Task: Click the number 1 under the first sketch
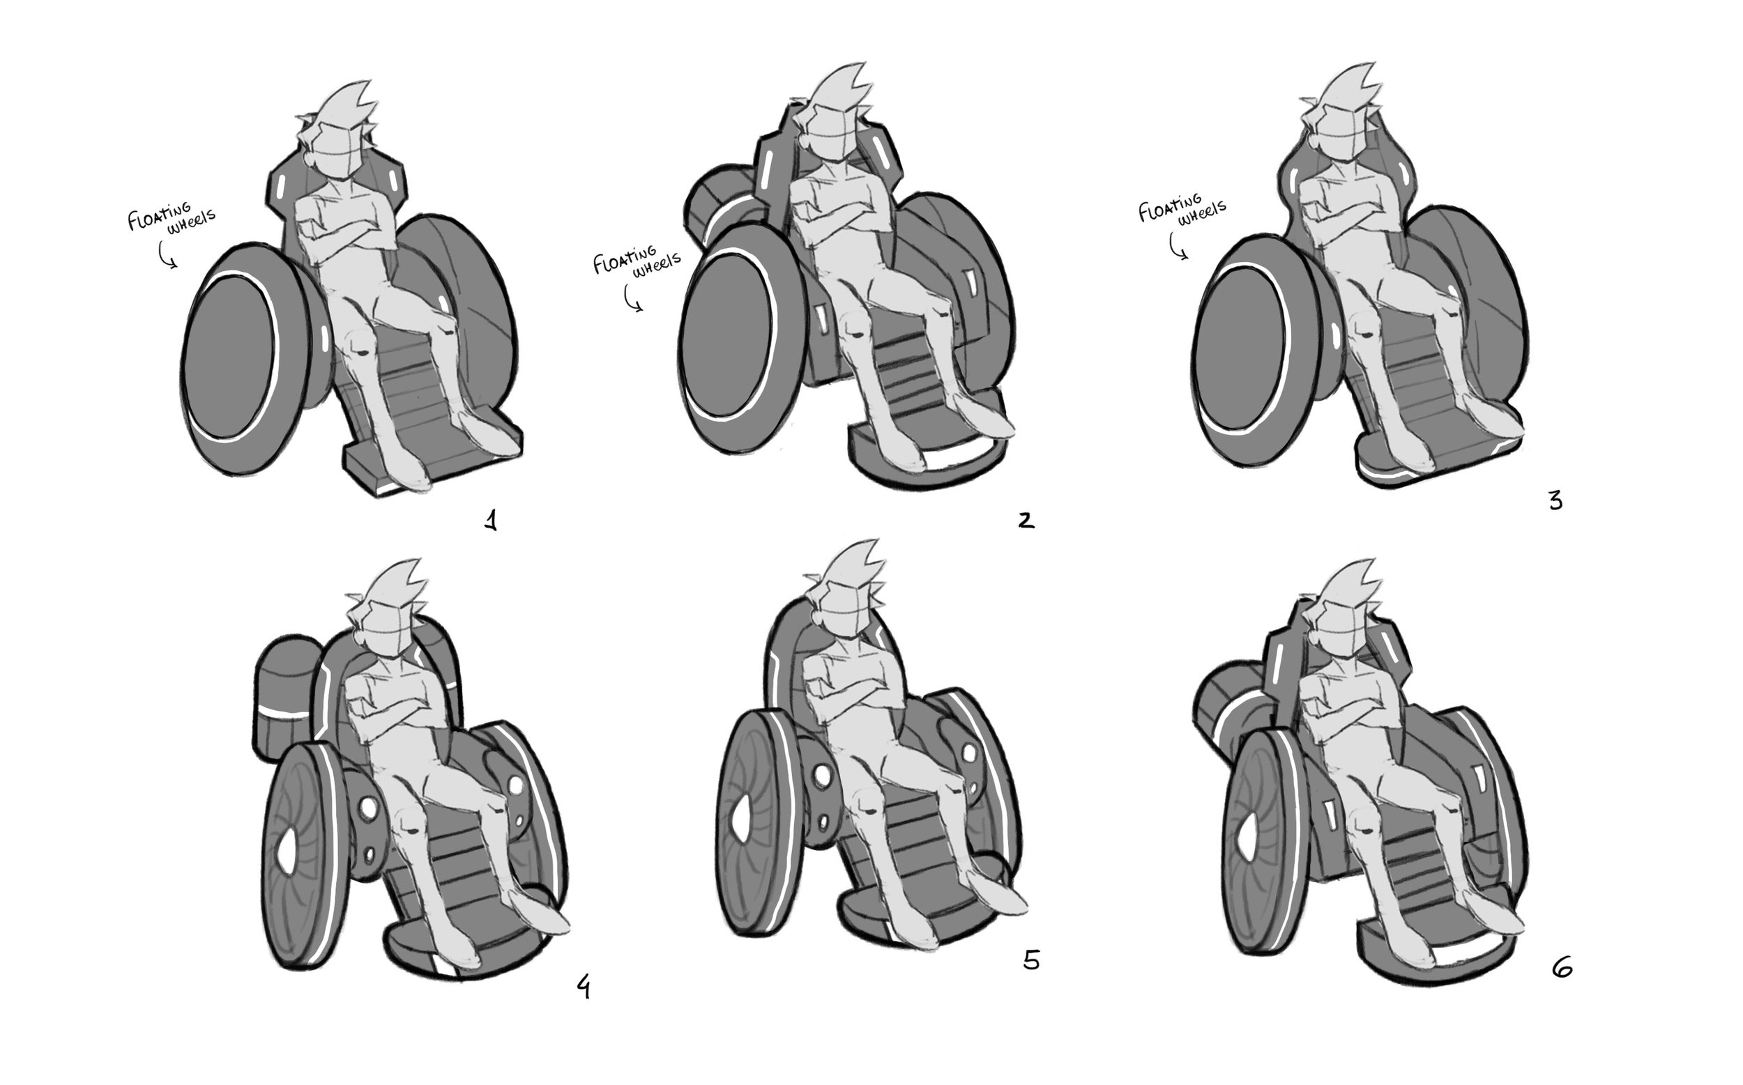tap(491, 521)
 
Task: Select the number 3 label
tap(1555, 501)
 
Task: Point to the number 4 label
tap(584, 987)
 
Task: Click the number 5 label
tap(1031, 960)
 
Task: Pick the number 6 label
tap(1562, 968)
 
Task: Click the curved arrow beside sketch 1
tap(167, 255)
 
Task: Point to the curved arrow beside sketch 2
tap(632, 298)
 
